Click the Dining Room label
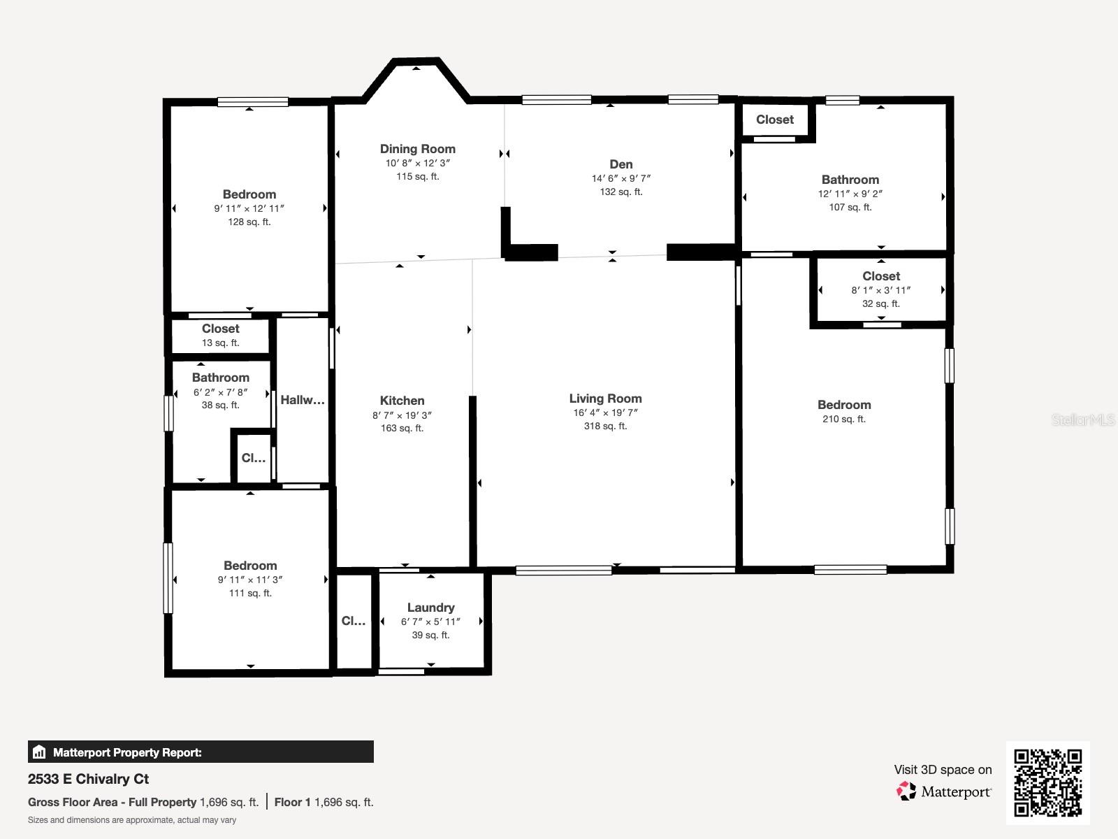(x=417, y=149)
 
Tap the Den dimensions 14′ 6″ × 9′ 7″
(x=620, y=178)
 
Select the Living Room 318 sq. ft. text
(x=605, y=426)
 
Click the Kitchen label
(x=402, y=401)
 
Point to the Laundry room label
(x=430, y=608)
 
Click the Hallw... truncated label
(x=303, y=400)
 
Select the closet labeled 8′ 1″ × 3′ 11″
(x=880, y=289)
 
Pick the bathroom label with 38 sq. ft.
(x=220, y=378)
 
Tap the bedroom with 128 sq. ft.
(x=249, y=194)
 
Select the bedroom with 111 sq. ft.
(x=250, y=566)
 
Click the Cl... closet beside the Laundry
(x=354, y=621)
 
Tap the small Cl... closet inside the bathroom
(x=253, y=459)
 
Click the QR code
(x=1047, y=782)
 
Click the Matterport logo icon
(x=906, y=791)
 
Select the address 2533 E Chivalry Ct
(x=88, y=779)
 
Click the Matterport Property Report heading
(x=127, y=752)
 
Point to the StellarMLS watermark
(x=1083, y=419)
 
